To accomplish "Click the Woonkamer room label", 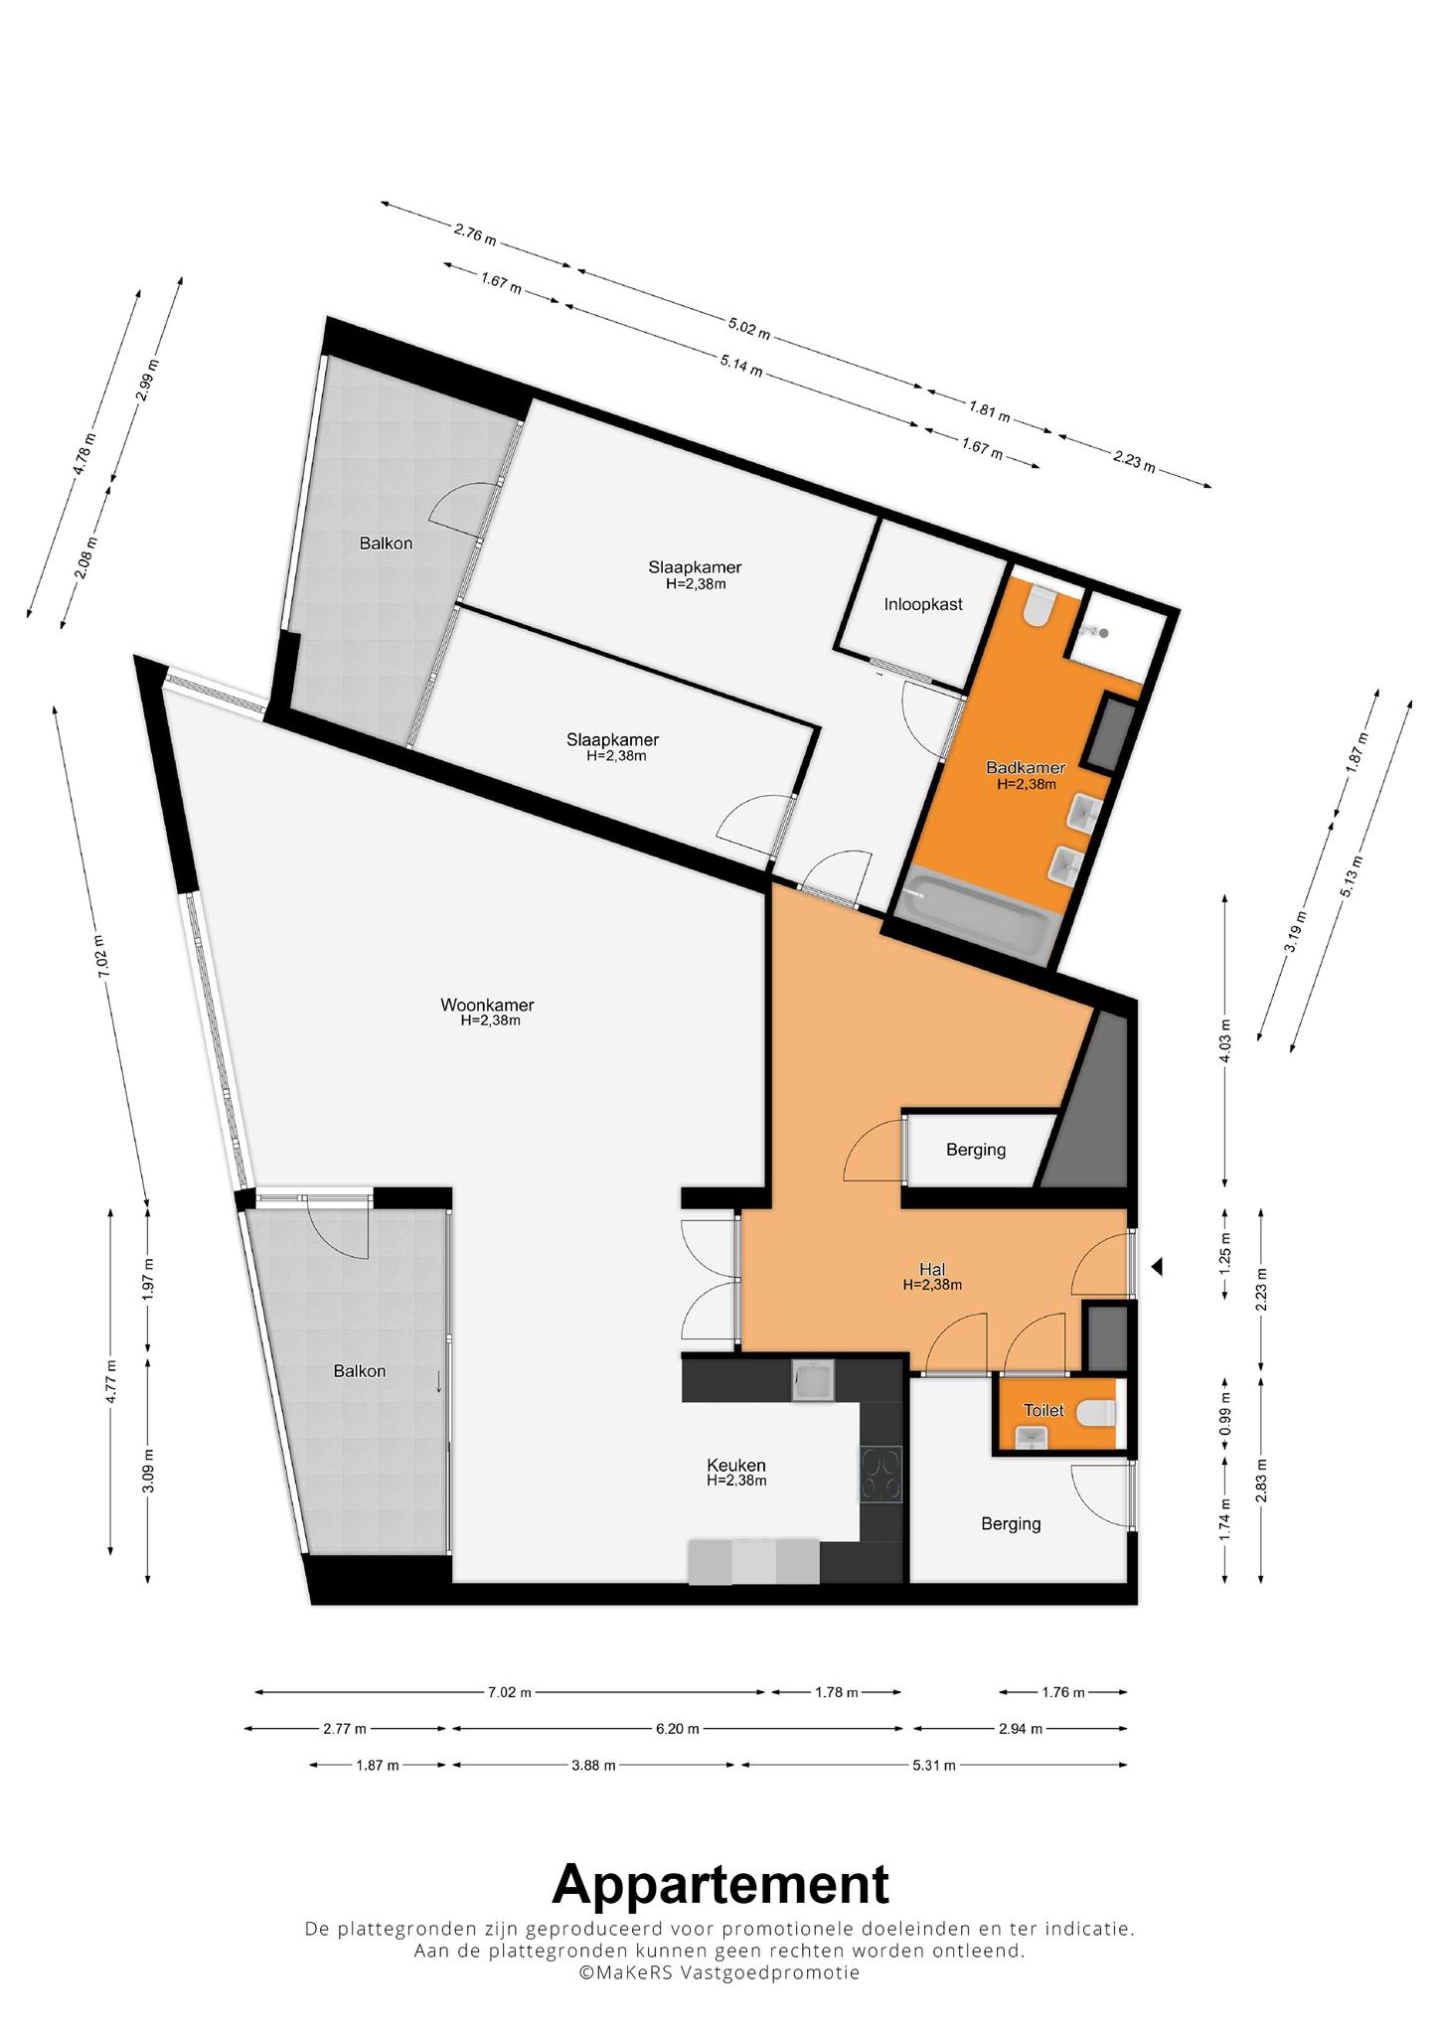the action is (x=487, y=1005).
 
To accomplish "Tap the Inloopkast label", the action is (x=923, y=604).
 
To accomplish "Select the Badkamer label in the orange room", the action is (x=1026, y=767).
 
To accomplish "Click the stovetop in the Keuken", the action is (x=881, y=1476).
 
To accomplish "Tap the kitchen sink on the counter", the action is (x=813, y=1381).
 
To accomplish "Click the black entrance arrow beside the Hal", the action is (x=1156, y=1267).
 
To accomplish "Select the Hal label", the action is (x=932, y=1269).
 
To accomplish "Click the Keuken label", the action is (x=736, y=1466).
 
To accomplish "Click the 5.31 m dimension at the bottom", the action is (x=933, y=1765).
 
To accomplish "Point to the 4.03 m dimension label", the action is (x=1225, y=1041).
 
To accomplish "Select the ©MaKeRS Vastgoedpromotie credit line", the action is (x=719, y=1972).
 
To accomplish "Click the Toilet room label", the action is (x=1044, y=1410).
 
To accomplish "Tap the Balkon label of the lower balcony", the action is (x=360, y=1370).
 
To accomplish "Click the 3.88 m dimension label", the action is (x=593, y=1765).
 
